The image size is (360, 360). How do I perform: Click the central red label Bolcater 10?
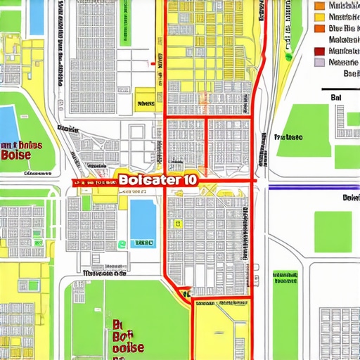coord(158,179)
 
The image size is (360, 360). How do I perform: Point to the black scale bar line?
coord(340,90)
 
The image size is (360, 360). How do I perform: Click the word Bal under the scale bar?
coord(335,98)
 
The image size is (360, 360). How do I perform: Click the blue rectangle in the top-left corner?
coord(37,17)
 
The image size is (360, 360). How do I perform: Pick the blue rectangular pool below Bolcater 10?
coord(143,217)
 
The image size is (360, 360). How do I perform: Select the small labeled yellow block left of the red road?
coord(145,98)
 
